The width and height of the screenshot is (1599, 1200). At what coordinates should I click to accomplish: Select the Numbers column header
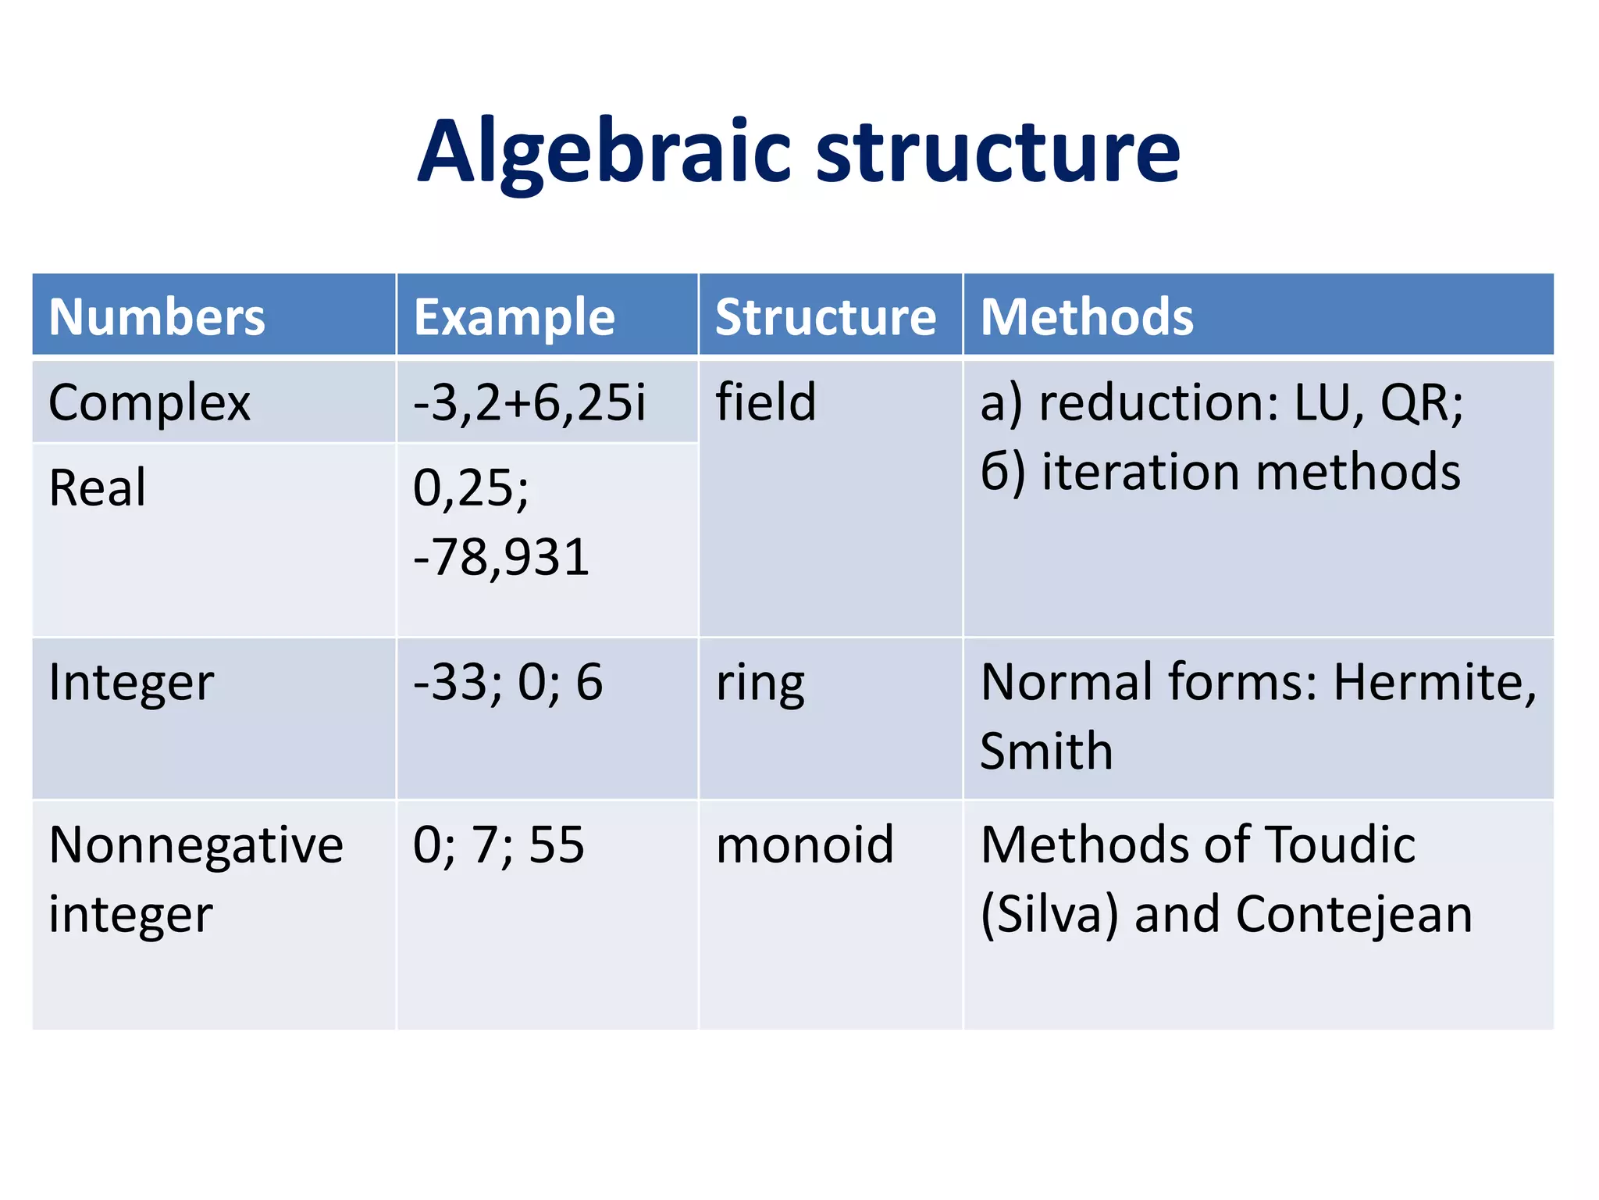point(157,317)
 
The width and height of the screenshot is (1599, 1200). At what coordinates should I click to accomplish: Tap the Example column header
point(514,317)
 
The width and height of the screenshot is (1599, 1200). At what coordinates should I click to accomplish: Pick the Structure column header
point(825,317)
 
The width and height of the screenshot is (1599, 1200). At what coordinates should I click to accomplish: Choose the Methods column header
point(1087,317)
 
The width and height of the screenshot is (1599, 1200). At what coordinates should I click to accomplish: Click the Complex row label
point(149,403)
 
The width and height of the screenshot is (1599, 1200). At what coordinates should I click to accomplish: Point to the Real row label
point(97,488)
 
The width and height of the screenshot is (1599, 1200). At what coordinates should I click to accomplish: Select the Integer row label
point(130,683)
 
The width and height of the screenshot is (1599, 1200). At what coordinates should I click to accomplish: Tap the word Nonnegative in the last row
point(195,845)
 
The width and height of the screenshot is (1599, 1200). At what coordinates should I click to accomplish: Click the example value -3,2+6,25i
point(529,403)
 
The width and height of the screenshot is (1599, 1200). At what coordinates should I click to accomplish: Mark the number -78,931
point(500,558)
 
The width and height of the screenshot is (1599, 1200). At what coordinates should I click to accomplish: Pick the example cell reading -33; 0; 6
point(507,683)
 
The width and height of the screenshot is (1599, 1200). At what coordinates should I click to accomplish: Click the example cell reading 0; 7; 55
point(498,845)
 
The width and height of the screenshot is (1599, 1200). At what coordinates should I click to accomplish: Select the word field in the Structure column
point(765,403)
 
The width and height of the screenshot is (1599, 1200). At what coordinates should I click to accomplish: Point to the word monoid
point(804,845)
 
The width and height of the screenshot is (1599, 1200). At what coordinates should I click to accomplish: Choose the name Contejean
point(1353,915)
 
